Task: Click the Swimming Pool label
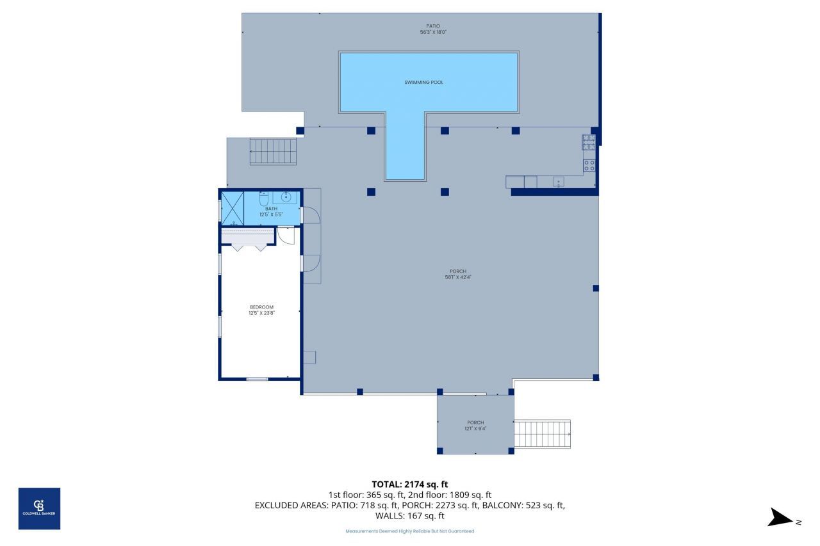point(423,83)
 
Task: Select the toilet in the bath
point(263,200)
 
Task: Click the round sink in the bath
point(285,197)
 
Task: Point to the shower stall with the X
point(232,208)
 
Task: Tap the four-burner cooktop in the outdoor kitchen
point(589,165)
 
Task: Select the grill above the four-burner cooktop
point(588,142)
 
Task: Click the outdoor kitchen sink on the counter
point(559,182)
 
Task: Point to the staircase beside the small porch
point(542,434)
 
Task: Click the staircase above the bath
point(274,152)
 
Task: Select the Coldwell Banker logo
point(39,508)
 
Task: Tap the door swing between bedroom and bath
point(286,236)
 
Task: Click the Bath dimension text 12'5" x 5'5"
point(272,214)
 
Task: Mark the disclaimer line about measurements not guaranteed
point(409,531)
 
